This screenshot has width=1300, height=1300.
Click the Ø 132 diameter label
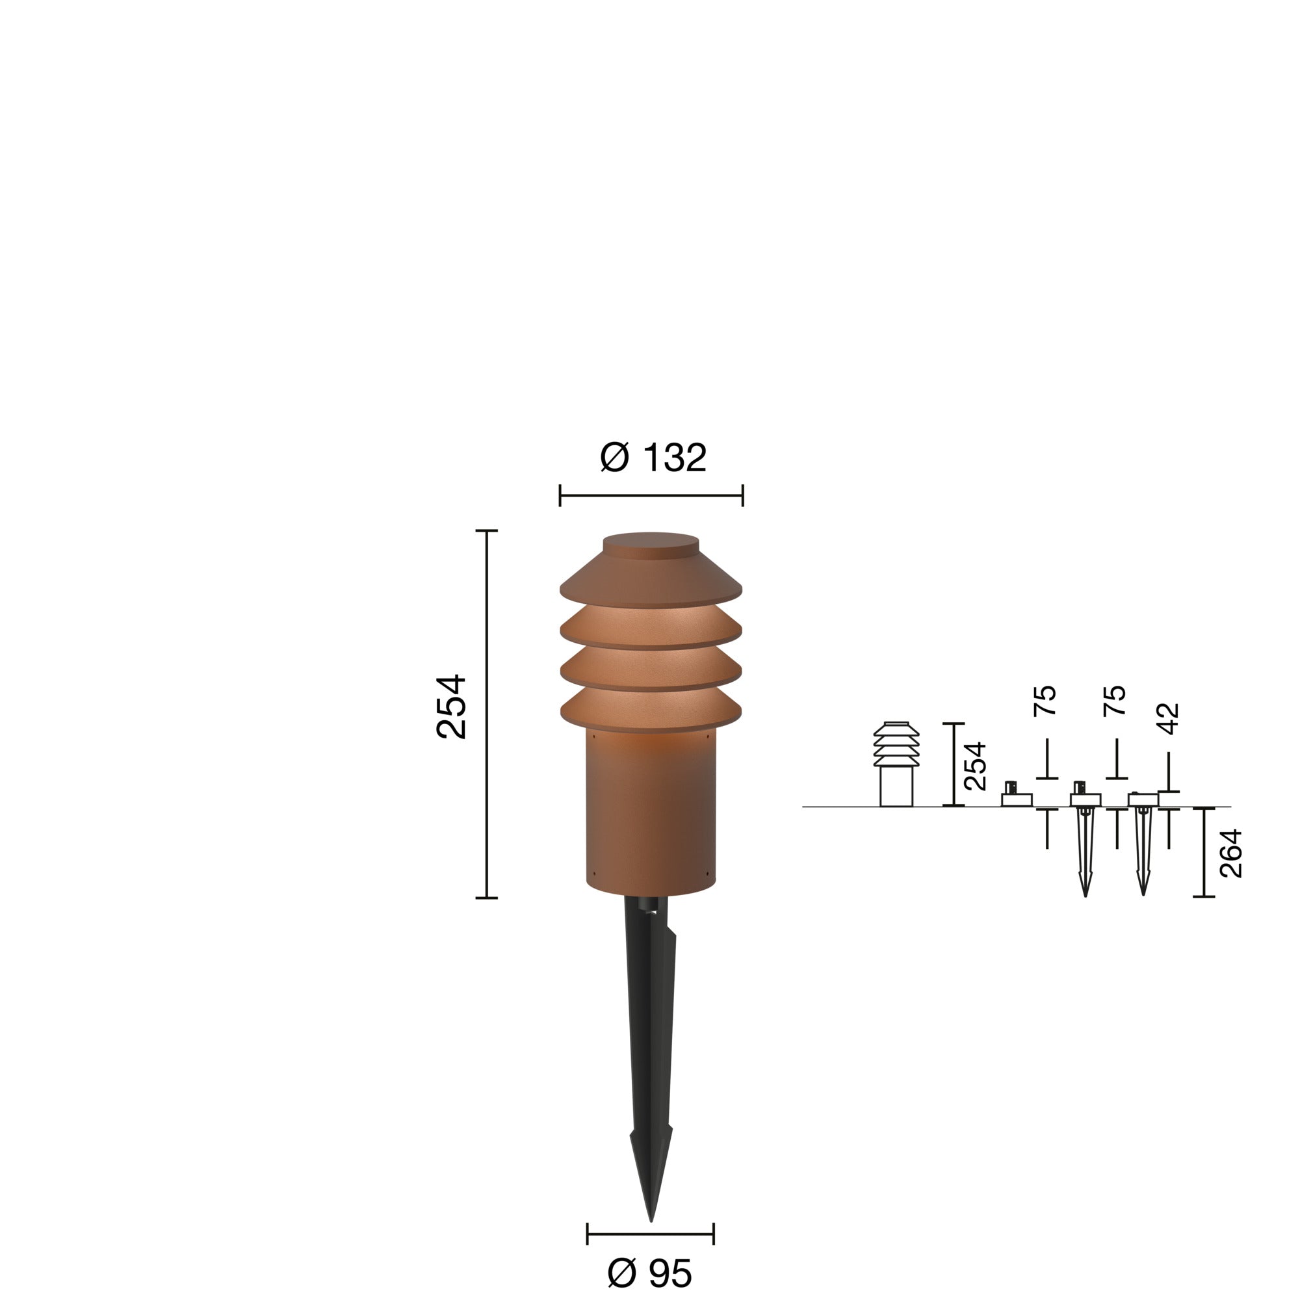pos(652,458)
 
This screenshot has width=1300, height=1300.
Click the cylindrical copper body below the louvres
pos(651,814)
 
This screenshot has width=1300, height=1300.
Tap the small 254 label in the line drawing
pos(975,766)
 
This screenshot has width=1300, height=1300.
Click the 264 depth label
pos(1230,853)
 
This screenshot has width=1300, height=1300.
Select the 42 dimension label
pos(1170,718)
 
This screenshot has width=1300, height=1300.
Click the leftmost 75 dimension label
pos(1045,701)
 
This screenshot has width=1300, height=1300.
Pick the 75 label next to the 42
pos(1115,701)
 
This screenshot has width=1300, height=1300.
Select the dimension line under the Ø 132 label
pos(651,496)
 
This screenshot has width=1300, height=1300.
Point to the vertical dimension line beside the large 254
pos(486,714)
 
